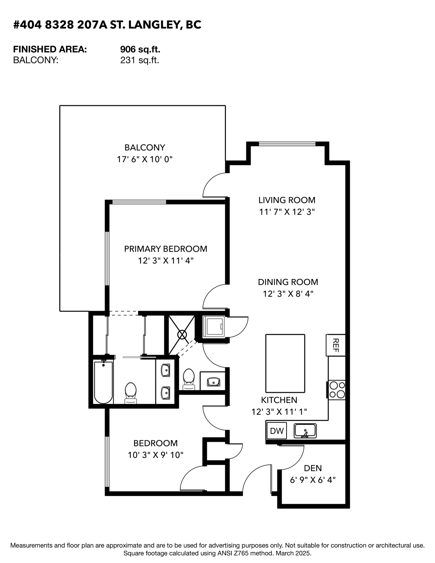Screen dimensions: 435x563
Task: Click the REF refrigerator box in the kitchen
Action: (336, 345)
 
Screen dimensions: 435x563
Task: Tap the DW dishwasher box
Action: (276, 431)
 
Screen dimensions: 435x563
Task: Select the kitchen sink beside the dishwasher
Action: (305, 431)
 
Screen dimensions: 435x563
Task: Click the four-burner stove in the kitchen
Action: (337, 390)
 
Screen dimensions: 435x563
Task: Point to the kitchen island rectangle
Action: (285, 363)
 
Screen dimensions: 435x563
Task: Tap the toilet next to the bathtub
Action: (131, 393)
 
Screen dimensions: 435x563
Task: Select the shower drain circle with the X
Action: (182, 335)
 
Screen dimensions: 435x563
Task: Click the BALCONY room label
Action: (145, 147)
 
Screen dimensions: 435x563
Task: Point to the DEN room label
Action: (313, 468)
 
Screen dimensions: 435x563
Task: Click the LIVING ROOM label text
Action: (287, 200)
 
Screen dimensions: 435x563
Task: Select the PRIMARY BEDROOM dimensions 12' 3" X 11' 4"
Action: (165, 261)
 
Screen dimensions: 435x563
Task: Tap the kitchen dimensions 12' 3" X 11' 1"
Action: (279, 412)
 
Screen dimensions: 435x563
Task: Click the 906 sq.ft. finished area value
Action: (140, 49)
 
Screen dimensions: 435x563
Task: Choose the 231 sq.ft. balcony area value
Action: (140, 60)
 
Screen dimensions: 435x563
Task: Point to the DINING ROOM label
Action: (288, 282)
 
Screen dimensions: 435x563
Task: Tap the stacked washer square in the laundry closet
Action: (213, 326)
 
